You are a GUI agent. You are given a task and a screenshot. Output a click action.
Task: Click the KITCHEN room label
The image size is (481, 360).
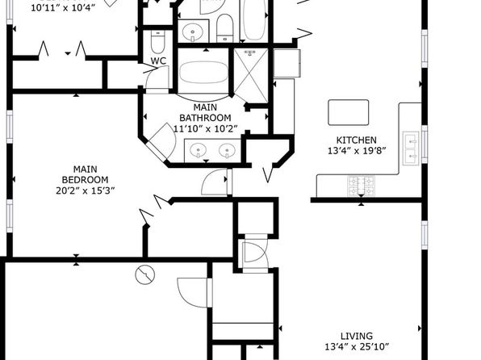pos(356,140)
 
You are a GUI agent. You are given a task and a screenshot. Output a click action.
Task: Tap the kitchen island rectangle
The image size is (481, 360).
pos(349,112)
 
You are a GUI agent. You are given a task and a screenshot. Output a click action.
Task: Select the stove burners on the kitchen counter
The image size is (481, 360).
pos(361,186)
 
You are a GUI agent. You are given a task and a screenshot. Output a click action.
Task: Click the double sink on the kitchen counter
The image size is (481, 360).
pos(411,149)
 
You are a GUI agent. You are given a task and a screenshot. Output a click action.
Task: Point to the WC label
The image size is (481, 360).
pos(158,61)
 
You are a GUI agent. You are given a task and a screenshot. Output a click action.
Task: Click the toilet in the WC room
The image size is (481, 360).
pos(158,41)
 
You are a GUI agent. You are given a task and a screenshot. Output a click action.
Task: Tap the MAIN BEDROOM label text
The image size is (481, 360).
pos(86,174)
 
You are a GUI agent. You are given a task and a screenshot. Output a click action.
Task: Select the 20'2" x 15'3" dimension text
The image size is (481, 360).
pos(86,190)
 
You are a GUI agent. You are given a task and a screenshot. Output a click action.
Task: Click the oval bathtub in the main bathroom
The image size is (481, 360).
pos(203,73)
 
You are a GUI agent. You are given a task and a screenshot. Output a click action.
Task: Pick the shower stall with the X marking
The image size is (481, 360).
pos(251,75)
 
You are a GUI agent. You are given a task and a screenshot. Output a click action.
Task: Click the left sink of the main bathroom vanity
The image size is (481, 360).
pos(199,151)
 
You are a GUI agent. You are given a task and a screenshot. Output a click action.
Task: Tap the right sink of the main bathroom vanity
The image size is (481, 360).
pos(228,151)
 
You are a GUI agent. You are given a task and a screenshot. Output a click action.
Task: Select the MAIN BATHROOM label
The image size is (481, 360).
pos(205,113)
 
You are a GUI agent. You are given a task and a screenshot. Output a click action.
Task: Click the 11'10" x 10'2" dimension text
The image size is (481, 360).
pos(206,128)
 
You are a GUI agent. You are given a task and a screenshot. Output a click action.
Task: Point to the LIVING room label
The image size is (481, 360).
pos(357,336)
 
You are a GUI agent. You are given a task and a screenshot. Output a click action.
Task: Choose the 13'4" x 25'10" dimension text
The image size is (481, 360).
pos(357,347)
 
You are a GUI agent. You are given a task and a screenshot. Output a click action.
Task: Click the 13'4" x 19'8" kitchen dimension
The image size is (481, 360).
pos(357,151)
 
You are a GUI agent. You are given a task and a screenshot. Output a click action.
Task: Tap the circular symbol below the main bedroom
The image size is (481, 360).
pos(145,274)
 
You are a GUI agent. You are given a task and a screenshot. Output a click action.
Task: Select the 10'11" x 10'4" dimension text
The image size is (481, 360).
pos(63,8)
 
